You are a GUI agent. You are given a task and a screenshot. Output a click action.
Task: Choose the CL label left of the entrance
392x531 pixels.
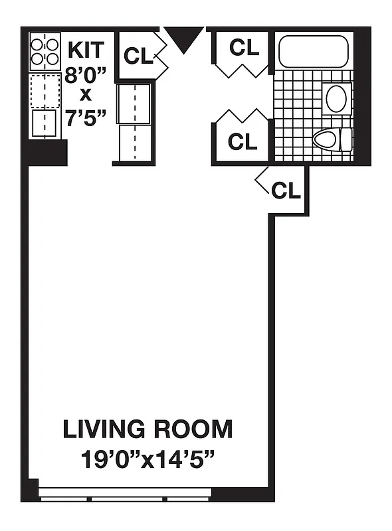(x=138, y=56)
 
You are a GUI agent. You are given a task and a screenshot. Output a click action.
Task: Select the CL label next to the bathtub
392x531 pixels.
(x=244, y=47)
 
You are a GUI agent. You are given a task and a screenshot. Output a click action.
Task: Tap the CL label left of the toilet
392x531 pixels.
(x=243, y=141)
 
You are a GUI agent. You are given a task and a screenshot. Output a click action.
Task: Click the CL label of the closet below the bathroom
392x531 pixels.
(x=286, y=190)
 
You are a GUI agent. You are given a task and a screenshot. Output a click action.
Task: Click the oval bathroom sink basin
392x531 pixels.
(x=336, y=98)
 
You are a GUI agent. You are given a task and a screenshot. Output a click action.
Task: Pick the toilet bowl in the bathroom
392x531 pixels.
(x=326, y=139)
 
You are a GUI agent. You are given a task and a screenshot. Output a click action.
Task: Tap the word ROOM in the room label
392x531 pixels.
(x=193, y=429)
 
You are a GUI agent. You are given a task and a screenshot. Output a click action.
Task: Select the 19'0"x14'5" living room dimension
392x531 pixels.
(x=147, y=459)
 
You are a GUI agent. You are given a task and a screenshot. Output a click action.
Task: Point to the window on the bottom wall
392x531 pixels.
(x=125, y=493)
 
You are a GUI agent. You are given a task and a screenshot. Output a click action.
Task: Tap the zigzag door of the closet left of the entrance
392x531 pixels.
(x=160, y=56)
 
